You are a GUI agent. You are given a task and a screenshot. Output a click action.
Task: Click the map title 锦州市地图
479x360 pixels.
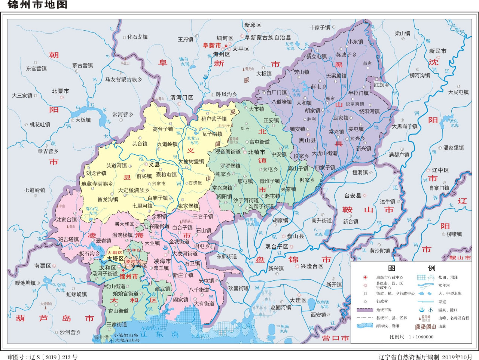37,5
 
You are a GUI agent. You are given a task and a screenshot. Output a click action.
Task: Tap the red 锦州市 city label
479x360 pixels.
129,277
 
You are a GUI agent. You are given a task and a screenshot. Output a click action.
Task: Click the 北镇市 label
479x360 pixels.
256,152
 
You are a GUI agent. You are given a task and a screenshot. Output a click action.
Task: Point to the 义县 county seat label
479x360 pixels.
154,164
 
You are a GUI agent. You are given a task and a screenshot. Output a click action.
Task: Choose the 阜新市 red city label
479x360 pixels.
212,46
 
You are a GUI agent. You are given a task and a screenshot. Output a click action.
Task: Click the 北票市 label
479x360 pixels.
60,91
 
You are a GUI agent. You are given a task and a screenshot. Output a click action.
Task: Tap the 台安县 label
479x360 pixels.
353,196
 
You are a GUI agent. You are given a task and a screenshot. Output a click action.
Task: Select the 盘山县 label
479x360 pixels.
295,236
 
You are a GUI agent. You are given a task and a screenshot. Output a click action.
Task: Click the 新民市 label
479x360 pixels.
437,51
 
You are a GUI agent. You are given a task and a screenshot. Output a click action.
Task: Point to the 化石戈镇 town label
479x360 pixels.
137,37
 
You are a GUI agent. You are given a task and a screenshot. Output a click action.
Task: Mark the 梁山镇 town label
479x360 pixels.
402,33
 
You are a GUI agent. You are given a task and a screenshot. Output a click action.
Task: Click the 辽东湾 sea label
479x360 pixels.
159,334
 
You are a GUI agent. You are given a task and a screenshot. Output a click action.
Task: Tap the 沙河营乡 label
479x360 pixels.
70,332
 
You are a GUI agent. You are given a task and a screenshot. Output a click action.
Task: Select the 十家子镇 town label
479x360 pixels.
320,27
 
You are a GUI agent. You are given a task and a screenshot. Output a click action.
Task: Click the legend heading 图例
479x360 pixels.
412,268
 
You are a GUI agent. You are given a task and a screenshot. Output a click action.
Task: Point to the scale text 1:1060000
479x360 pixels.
411,336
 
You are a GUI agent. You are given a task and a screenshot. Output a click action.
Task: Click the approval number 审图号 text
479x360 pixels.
42,357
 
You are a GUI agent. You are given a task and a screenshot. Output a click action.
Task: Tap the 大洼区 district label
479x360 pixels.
298,300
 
